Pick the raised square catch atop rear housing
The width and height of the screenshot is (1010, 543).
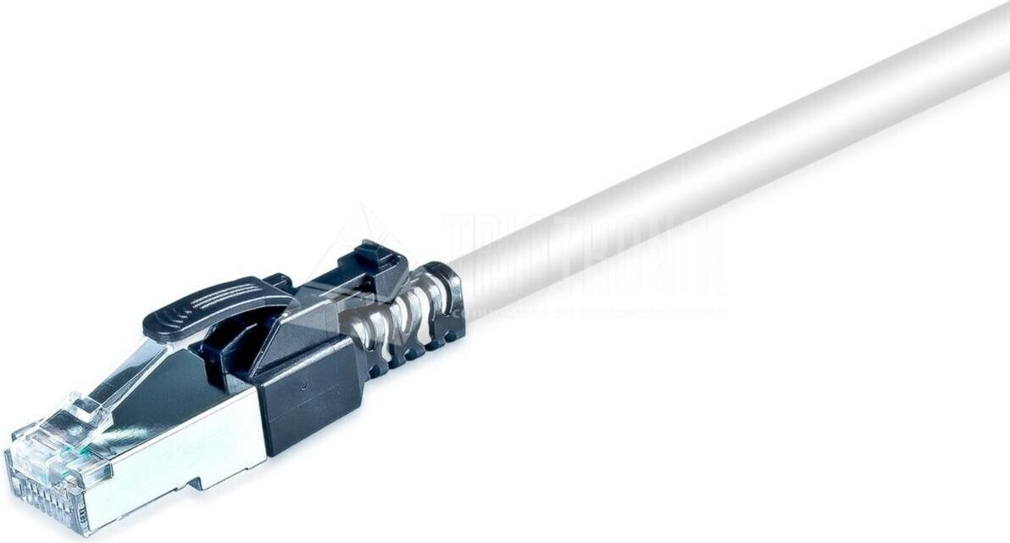point(373,255)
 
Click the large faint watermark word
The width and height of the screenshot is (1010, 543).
point(585,255)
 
